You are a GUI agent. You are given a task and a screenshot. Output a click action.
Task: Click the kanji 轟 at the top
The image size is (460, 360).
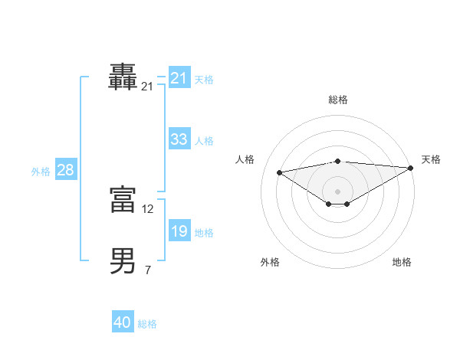pos(123,78)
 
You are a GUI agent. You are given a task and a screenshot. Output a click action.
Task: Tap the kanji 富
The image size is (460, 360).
pos(123,201)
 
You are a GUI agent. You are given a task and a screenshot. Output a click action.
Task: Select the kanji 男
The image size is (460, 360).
pos(123,261)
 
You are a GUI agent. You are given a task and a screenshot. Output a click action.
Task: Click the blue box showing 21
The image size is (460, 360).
pos(179,78)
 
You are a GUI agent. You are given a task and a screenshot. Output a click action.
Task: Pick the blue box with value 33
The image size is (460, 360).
pos(179,139)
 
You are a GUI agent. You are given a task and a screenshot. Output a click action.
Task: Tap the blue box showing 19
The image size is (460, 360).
pos(179,231)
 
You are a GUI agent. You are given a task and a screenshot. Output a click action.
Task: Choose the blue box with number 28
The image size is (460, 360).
pos(65,170)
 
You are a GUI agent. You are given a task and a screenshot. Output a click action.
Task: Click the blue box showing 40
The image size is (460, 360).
pos(123,322)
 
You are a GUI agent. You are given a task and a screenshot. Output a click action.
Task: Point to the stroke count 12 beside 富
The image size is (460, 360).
pos(148,208)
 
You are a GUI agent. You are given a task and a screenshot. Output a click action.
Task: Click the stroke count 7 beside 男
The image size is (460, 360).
pos(148,270)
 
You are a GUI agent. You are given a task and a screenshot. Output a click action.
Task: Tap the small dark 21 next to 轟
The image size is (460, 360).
pos(148,87)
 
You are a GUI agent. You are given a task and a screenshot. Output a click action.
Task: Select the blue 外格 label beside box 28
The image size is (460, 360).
pos(41,172)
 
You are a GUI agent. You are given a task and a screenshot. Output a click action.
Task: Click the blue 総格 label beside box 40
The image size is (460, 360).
pos(147,324)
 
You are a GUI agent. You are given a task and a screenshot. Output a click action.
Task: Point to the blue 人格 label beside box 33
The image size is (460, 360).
pos(204,141)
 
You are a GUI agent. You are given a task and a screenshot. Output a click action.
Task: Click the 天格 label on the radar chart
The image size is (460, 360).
pos(431,159)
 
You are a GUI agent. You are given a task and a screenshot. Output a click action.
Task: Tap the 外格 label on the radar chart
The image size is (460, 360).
pos(270,262)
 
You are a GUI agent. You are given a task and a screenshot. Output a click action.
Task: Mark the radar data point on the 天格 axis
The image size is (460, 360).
pos(411,167)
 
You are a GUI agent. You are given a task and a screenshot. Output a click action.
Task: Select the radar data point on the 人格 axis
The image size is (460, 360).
pos(280,172)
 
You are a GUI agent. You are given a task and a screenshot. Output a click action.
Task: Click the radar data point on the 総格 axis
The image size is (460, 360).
pos(337,161)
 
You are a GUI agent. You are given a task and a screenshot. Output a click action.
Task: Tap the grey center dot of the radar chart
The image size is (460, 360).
pos(337,191)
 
